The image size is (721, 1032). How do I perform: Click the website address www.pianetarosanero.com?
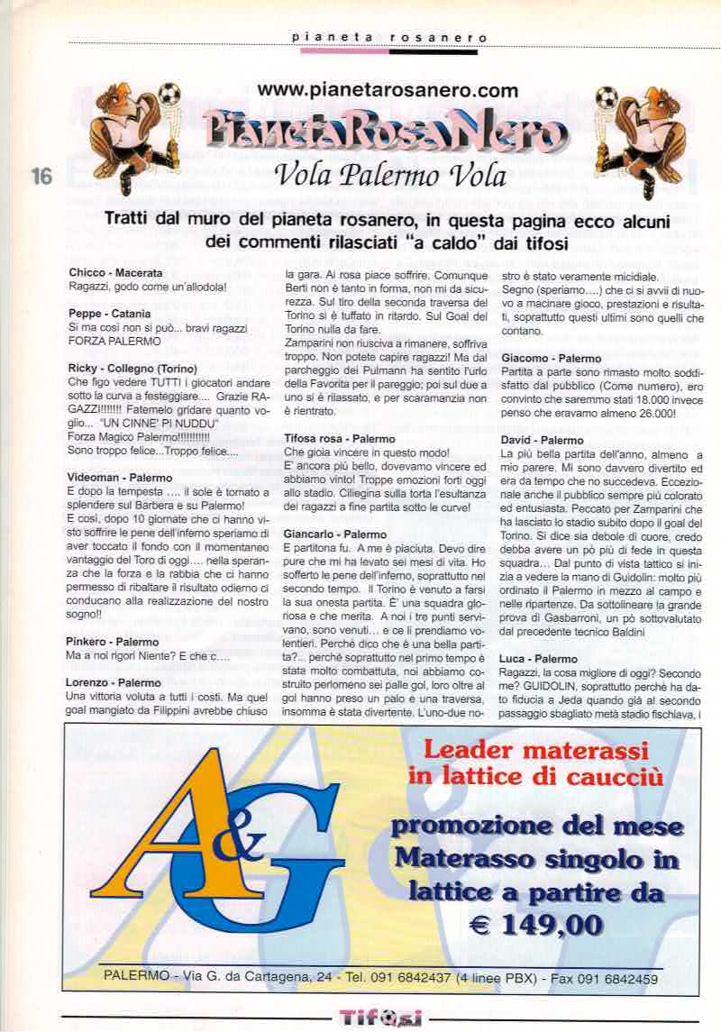[388, 90]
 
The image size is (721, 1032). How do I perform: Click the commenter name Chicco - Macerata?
[115, 273]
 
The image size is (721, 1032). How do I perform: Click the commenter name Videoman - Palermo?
[120, 477]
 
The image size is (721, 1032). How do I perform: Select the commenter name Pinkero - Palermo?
[113, 642]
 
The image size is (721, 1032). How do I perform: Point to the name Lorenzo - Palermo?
[114, 682]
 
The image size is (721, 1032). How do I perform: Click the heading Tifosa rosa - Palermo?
[333, 438]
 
